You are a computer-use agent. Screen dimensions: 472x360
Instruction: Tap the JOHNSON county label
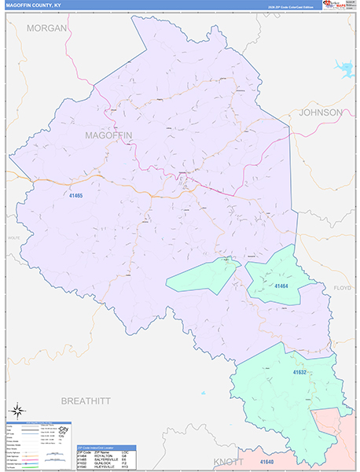pos(321,112)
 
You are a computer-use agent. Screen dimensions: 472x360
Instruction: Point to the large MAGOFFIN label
pos(108,136)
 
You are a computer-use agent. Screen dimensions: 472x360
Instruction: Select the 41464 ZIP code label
pos(282,286)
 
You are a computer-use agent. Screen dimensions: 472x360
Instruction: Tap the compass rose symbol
pos(17,411)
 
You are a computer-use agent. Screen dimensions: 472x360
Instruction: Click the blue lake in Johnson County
pos(344,68)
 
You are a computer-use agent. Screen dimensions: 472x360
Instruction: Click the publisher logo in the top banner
pos(336,6)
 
